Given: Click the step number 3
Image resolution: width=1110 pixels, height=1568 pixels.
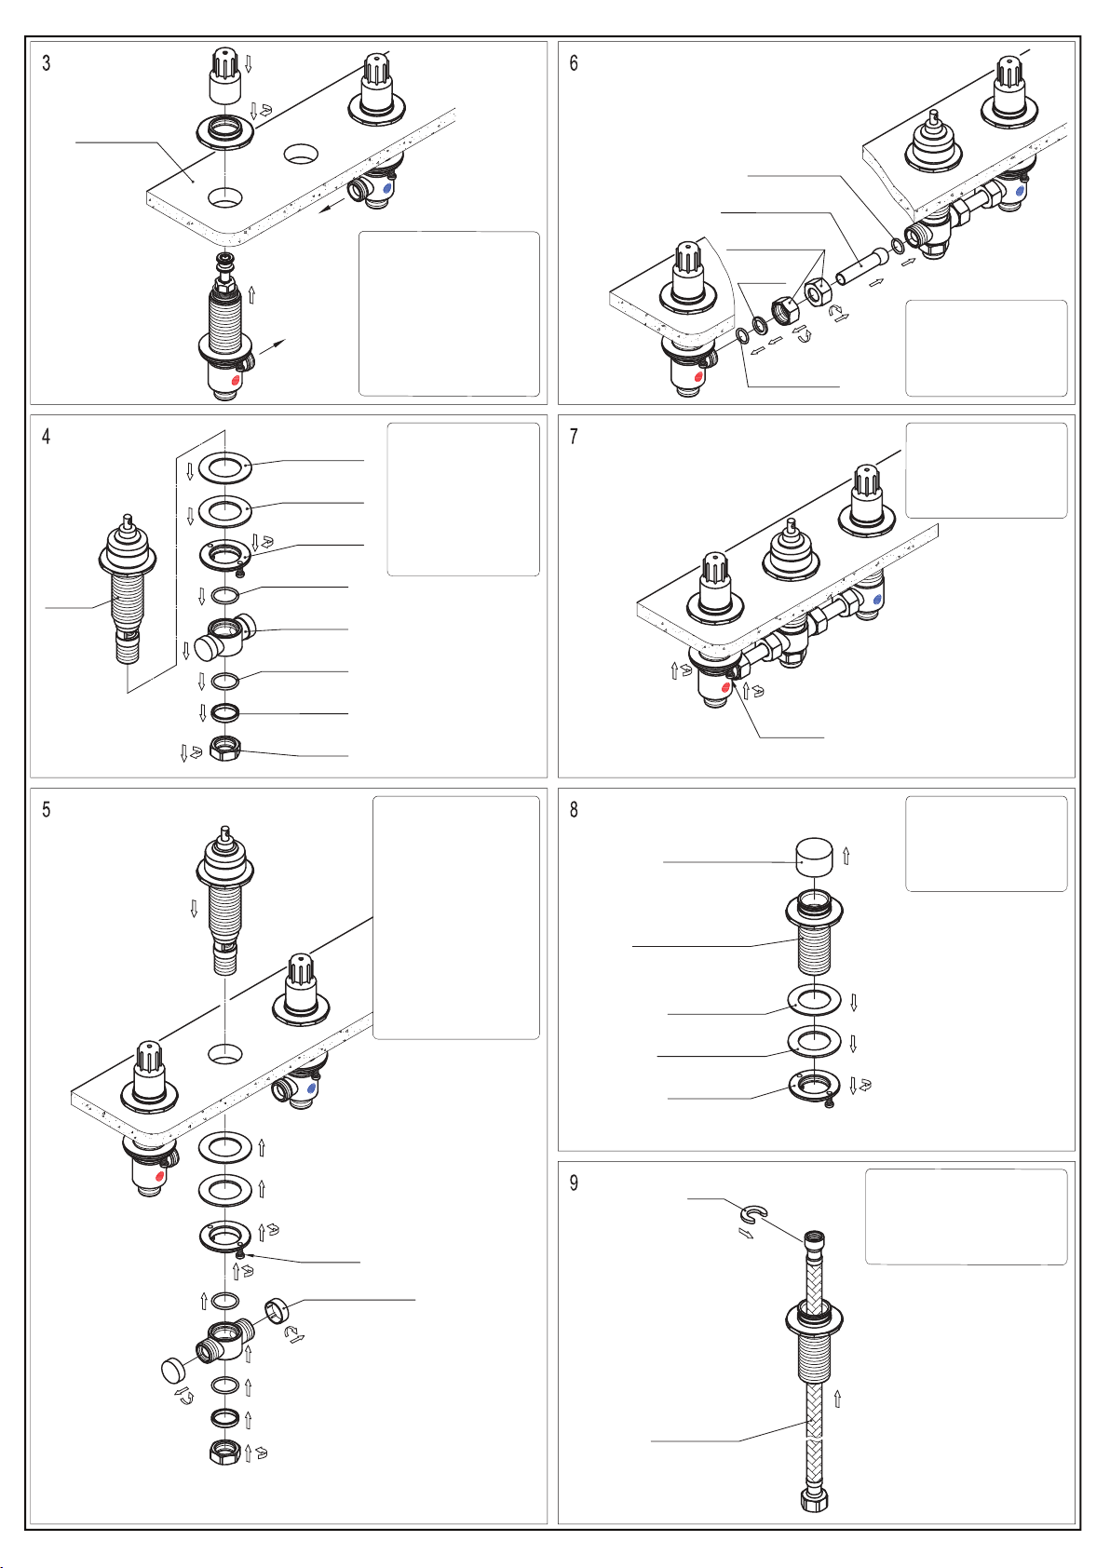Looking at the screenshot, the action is (x=47, y=63).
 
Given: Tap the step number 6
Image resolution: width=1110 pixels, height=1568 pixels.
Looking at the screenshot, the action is (x=574, y=63).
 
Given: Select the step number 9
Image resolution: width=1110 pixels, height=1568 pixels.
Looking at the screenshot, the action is (x=574, y=1183).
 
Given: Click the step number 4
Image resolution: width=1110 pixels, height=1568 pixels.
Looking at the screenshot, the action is (x=47, y=437).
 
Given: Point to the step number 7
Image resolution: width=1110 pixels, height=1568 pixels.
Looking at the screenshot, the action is (x=574, y=437).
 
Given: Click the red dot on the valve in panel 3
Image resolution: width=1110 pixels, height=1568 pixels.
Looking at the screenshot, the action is (x=236, y=382).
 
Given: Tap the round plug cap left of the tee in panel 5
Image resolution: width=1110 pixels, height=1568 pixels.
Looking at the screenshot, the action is (x=172, y=1370).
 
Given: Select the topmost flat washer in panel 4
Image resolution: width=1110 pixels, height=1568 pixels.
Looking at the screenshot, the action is (x=224, y=466).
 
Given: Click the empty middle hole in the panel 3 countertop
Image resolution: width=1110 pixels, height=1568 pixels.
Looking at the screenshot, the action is (x=301, y=153).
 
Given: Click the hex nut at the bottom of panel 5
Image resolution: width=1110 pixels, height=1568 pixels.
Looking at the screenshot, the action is (x=224, y=1453).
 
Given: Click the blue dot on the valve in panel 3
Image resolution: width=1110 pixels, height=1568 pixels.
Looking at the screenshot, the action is (x=387, y=188).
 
